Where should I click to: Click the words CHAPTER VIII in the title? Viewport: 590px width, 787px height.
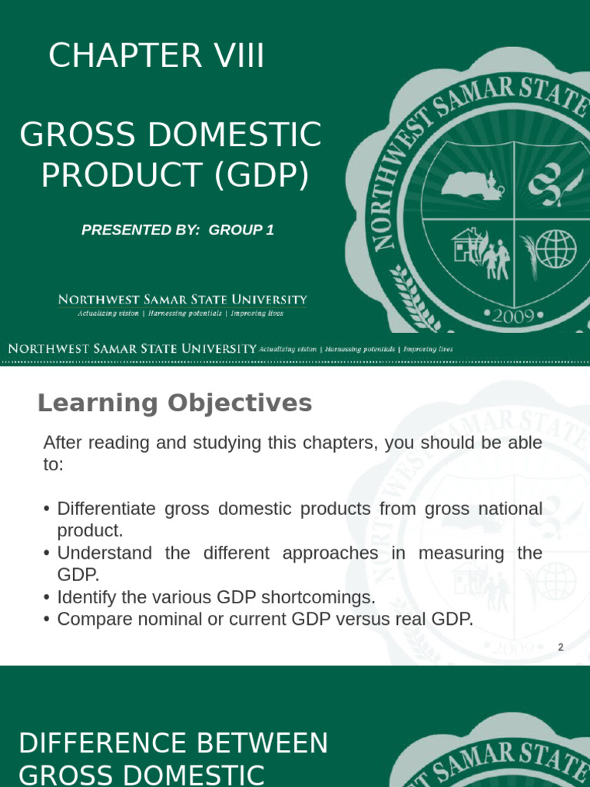[x=157, y=57]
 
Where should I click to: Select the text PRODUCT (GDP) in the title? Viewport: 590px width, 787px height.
[x=175, y=175]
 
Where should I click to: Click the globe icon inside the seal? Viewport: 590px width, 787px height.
[x=555, y=250]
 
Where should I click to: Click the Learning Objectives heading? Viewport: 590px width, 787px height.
[x=174, y=403]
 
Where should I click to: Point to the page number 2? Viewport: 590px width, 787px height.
[x=561, y=647]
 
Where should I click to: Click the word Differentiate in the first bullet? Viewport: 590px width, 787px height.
[x=107, y=509]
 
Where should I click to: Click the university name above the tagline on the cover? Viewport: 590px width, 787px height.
[x=183, y=300]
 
